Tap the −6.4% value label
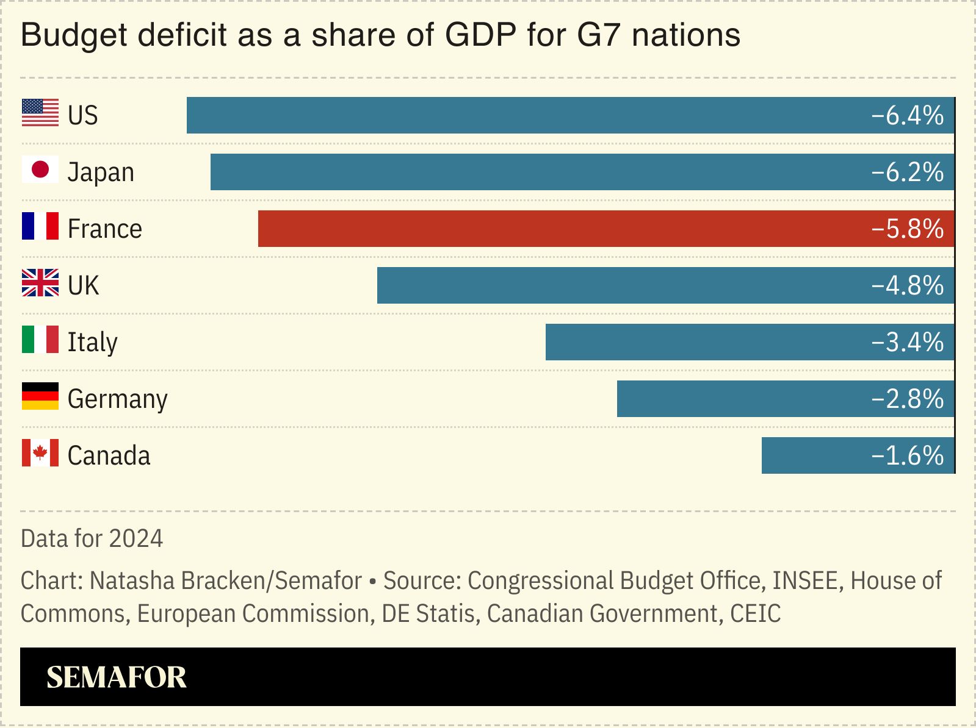(x=908, y=115)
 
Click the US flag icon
(x=40, y=113)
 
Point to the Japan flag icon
(x=40, y=170)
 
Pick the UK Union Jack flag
(x=40, y=283)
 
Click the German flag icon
(x=40, y=396)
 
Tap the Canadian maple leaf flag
(x=40, y=453)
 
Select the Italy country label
(x=92, y=342)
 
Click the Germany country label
(x=117, y=399)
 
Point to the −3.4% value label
(x=908, y=342)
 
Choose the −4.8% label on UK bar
(x=908, y=285)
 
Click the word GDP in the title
(x=480, y=35)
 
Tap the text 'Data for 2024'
(x=92, y=538)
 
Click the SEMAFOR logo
(x=116, y=677)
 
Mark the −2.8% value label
(x=908, y=399)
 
